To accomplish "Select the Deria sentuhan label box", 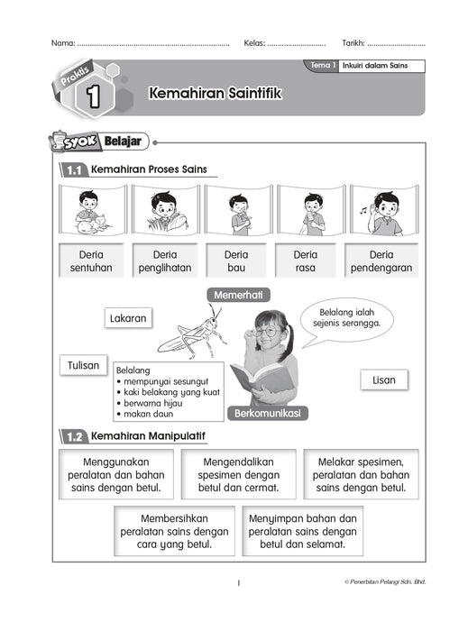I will [x=89, y=261].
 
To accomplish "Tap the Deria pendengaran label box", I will [x=381, y=261].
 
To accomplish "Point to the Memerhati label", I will [x=240, y=295].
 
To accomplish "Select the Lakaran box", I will [x=128, y=318].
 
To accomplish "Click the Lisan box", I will [x=383, y=380].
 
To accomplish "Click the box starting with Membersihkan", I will [x=172, y=532].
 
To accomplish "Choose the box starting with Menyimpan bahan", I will [x=302, y=532].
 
